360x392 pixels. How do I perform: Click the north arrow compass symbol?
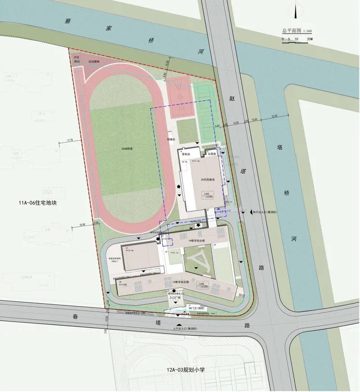pyautogui.click(x=295, y=11)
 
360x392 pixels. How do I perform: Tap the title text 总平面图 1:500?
pyautogui.click(x=297, y=30)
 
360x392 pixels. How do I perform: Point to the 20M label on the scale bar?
pyautogui.click(x=309, y=39)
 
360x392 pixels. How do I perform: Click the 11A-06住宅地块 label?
pyautogui.click(x=38, y=203)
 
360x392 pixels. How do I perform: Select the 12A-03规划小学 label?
pyautogui.click(x=186, y=370)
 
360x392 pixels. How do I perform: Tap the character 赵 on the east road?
pyautogui.click(x=232, y=98)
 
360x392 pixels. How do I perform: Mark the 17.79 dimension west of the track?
pyautogui.click(x=70, y=140)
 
